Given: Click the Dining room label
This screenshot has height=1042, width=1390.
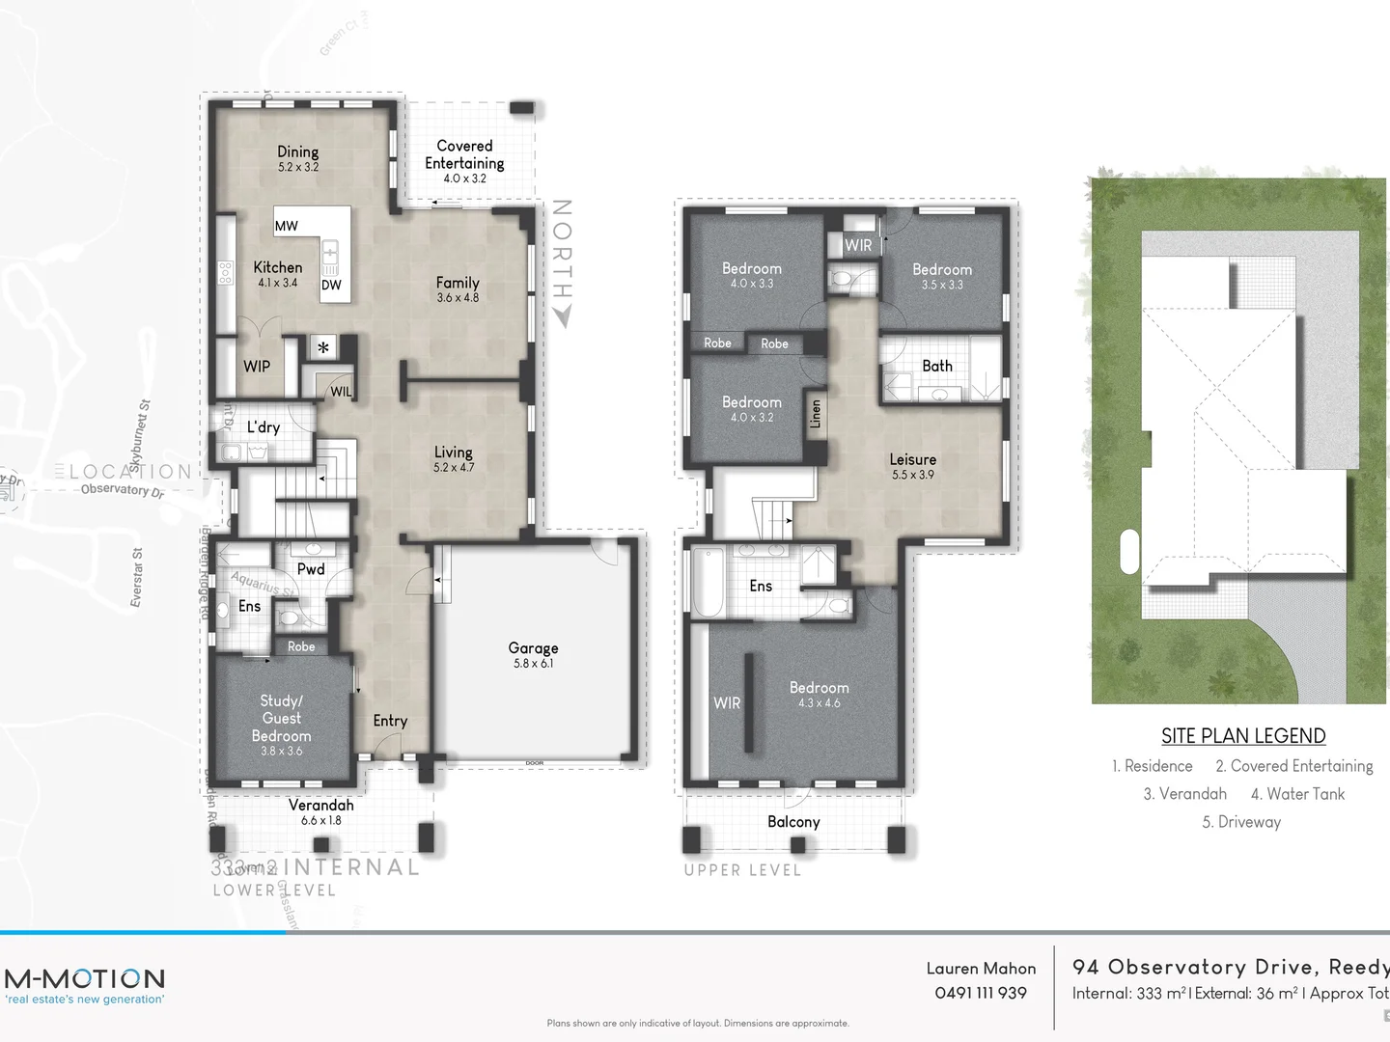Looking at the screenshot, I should pyautogui.click(x=297, y=151).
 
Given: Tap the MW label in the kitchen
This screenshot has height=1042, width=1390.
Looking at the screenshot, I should pyautogui.click(x=287, y=226).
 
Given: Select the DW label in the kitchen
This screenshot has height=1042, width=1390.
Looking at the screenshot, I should pyautogui.click(x=331, y=285).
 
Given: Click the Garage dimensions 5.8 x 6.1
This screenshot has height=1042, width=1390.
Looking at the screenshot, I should pyautogui.click(x=533, y=664).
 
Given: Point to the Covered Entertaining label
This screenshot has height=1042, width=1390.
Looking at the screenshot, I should pyautogui.click(x=464, y=154).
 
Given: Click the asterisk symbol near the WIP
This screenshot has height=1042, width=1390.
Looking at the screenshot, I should pyautogui.click(x=323, y=348).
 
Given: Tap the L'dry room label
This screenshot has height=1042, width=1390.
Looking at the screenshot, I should pyautogui.click(x=263, y=427).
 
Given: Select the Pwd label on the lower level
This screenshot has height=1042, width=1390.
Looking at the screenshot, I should pyautogui.click(x=311, y=569).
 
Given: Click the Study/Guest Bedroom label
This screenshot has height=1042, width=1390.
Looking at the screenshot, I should pyautogui.click(x=281, y=718).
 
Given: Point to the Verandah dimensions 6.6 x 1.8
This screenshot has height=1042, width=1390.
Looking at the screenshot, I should pyautogui.click(x=320, y=821).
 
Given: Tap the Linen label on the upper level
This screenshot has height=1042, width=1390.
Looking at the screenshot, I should pyautogui.click(x=816, y=414).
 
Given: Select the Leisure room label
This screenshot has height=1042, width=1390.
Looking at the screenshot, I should pyautogui.click(x=912, y=459).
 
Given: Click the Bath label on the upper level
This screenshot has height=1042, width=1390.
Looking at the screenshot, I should pyautogui.click(x=936, y=366).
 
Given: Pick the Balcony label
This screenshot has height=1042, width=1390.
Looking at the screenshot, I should pyautogui.click(x=793, y=822).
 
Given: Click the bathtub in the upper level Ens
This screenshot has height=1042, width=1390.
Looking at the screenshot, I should pyautogui.click(x=707, y=583).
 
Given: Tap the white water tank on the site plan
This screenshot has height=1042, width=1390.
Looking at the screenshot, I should pyautogui.click(x=1128, y=553).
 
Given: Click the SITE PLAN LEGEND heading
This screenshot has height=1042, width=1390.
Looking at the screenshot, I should pyautogui.click(x=1243, y=736).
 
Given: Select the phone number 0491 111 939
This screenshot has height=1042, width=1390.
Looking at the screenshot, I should pyautogui.click(x=980, y=993).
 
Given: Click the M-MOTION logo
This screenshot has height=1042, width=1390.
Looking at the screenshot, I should pyautogui.click(x=85, y=978).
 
